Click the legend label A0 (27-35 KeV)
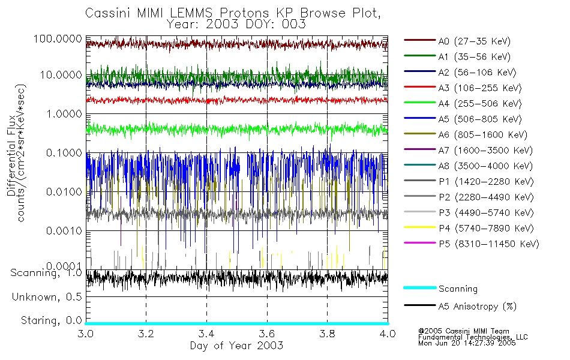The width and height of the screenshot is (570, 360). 473,41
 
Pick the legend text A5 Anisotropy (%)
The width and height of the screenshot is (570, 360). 478,307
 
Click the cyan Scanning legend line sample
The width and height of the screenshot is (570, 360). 419,289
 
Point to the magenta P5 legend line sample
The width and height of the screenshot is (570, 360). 419,244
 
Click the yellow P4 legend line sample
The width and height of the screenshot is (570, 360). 419,228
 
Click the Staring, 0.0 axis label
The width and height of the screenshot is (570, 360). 51,320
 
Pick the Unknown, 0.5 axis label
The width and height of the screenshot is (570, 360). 47,297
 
